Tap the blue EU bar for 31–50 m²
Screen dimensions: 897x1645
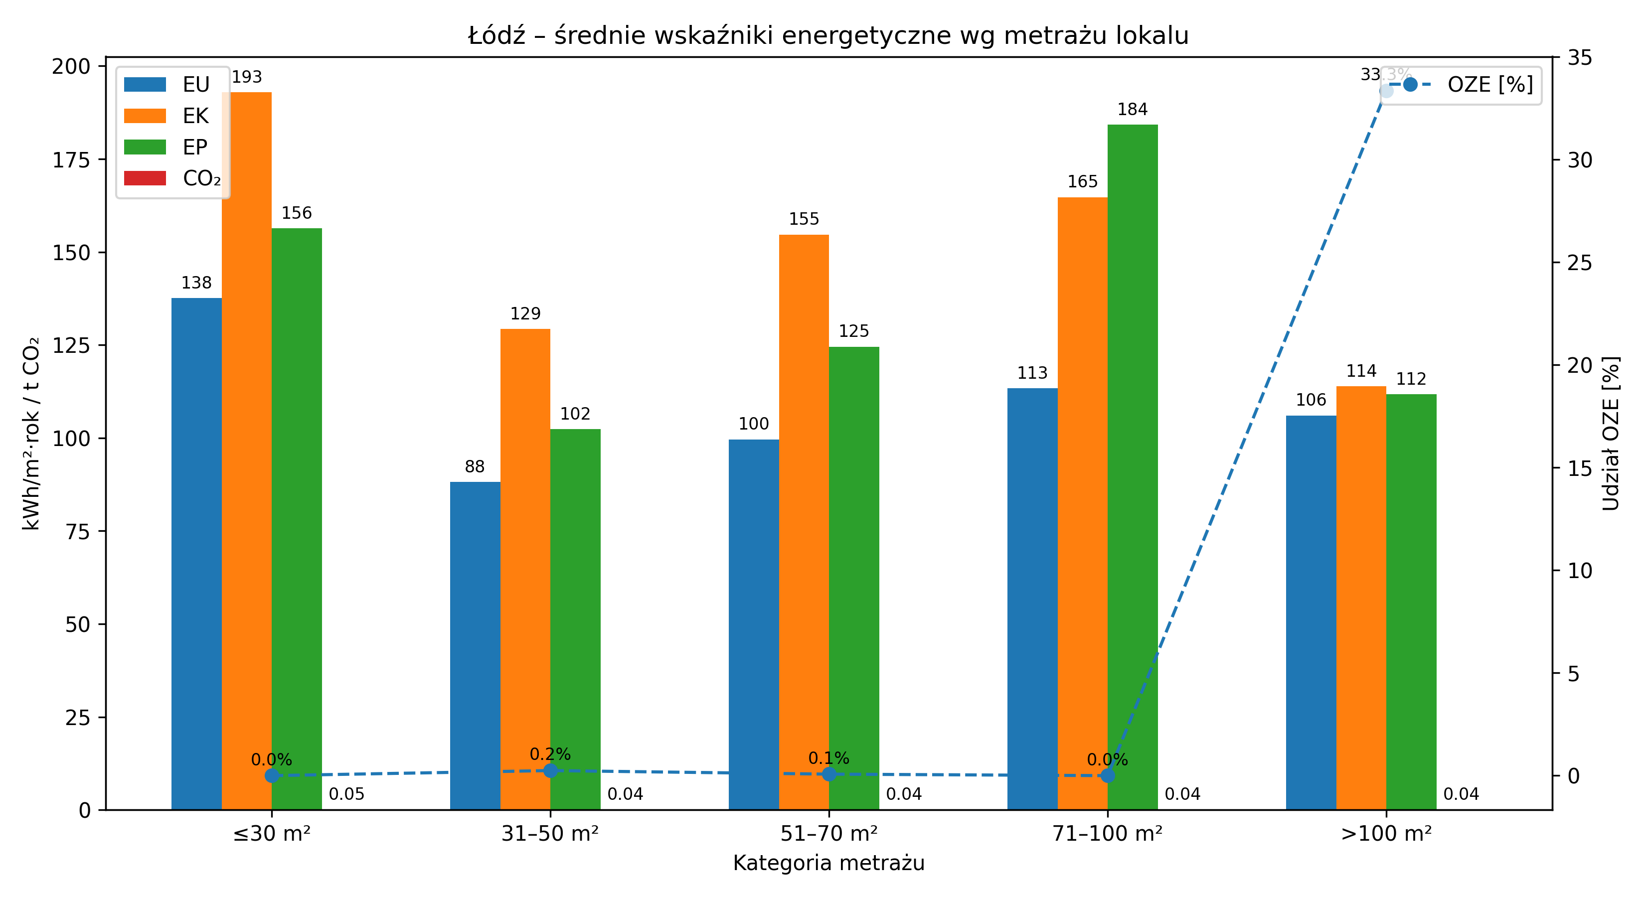[475, 645]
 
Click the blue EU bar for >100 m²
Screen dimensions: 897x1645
[1311, 612]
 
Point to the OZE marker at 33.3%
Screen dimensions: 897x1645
[1386, 91]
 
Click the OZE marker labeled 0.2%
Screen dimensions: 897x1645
[550, 770]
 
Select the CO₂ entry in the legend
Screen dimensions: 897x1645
[172, 178]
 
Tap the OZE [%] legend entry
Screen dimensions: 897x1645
[1463, 84]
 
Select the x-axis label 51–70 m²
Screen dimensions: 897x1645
[828, 834]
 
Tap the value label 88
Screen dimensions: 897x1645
[475, 467]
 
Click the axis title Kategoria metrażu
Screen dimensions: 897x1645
[828, 863]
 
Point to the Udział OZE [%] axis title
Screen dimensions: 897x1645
[1611, 434]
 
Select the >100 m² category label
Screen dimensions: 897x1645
[1386, 834]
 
